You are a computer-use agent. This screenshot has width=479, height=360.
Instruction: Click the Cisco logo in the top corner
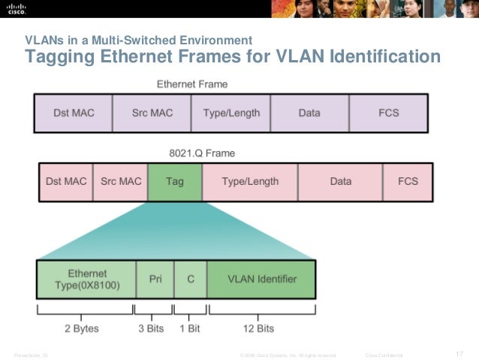tap(17, 8)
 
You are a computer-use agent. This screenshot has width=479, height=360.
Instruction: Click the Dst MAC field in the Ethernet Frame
tap(74, 113)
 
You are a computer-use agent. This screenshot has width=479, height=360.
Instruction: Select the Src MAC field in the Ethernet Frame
tap(152, 113)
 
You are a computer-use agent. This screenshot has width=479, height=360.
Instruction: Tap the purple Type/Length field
tap(231, 113)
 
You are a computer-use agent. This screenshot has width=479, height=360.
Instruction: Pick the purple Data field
tap(309, 113)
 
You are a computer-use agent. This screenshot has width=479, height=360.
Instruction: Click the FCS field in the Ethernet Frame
tap(388, 113)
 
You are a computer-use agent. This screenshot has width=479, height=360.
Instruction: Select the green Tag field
tap(175, 182)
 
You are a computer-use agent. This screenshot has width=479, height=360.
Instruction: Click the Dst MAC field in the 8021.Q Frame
tap(66, 182)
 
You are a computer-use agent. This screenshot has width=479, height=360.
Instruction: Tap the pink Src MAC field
tap(120, 182)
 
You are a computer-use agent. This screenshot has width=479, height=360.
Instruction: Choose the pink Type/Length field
tap(250, 182)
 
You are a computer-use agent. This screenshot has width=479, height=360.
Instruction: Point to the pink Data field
tap(340, 182)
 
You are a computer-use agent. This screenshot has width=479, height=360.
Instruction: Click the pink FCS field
tap(408, 182)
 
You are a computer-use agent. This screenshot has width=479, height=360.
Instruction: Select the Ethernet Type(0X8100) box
tap(87, 279)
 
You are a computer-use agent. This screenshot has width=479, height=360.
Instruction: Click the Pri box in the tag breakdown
tap(155, 279)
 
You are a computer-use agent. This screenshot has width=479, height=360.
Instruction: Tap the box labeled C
tap(191, 279)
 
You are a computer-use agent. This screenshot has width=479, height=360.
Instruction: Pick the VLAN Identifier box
tap(261, 279)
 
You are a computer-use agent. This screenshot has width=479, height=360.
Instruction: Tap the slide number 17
tap(460, 354)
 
